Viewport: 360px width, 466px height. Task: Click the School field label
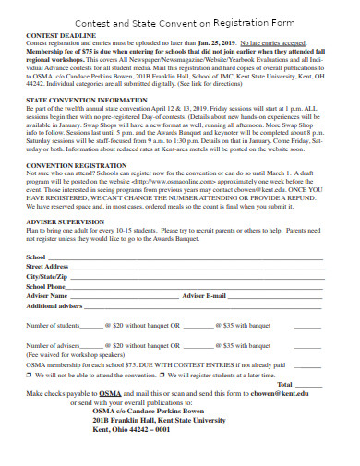click(36, 282)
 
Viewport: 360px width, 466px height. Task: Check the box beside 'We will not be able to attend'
click(30, 402)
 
